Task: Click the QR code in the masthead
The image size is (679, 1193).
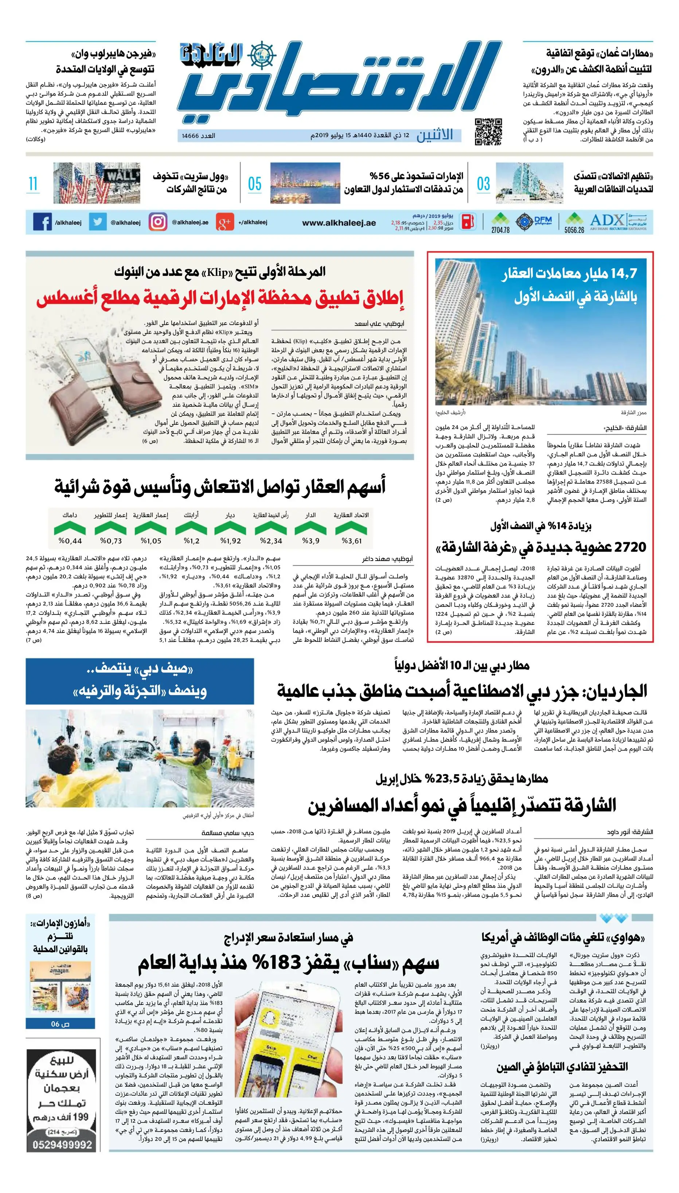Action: [489, 132]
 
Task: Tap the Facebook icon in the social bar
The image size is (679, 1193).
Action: [42, 222]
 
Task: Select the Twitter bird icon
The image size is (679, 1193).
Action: [97, 222]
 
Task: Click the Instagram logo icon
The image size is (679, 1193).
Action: [157, 222]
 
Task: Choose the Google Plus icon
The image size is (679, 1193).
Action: [224, 222]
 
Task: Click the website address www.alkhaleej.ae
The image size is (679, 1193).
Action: [339, 223]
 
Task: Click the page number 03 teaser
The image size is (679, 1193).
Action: [484, 184]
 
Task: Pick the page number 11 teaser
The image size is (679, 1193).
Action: [33, 184]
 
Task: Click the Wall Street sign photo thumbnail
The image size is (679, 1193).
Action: [97, 183]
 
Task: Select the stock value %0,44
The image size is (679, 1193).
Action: [70, 541]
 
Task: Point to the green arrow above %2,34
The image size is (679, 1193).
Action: [270, 529]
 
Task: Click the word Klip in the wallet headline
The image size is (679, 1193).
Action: [217, 272]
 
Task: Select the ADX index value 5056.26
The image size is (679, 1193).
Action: [574, 230]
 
